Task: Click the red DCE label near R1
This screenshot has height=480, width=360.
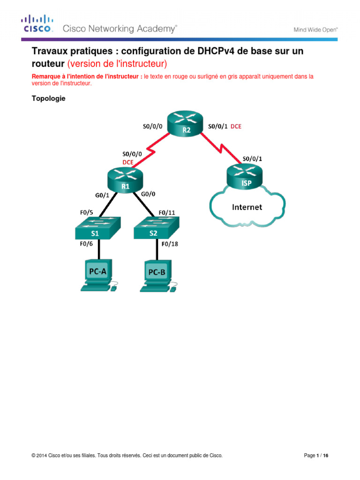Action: point(127,162)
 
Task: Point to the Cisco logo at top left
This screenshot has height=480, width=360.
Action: point(37,24)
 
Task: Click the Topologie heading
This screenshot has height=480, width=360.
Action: point(48,98)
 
